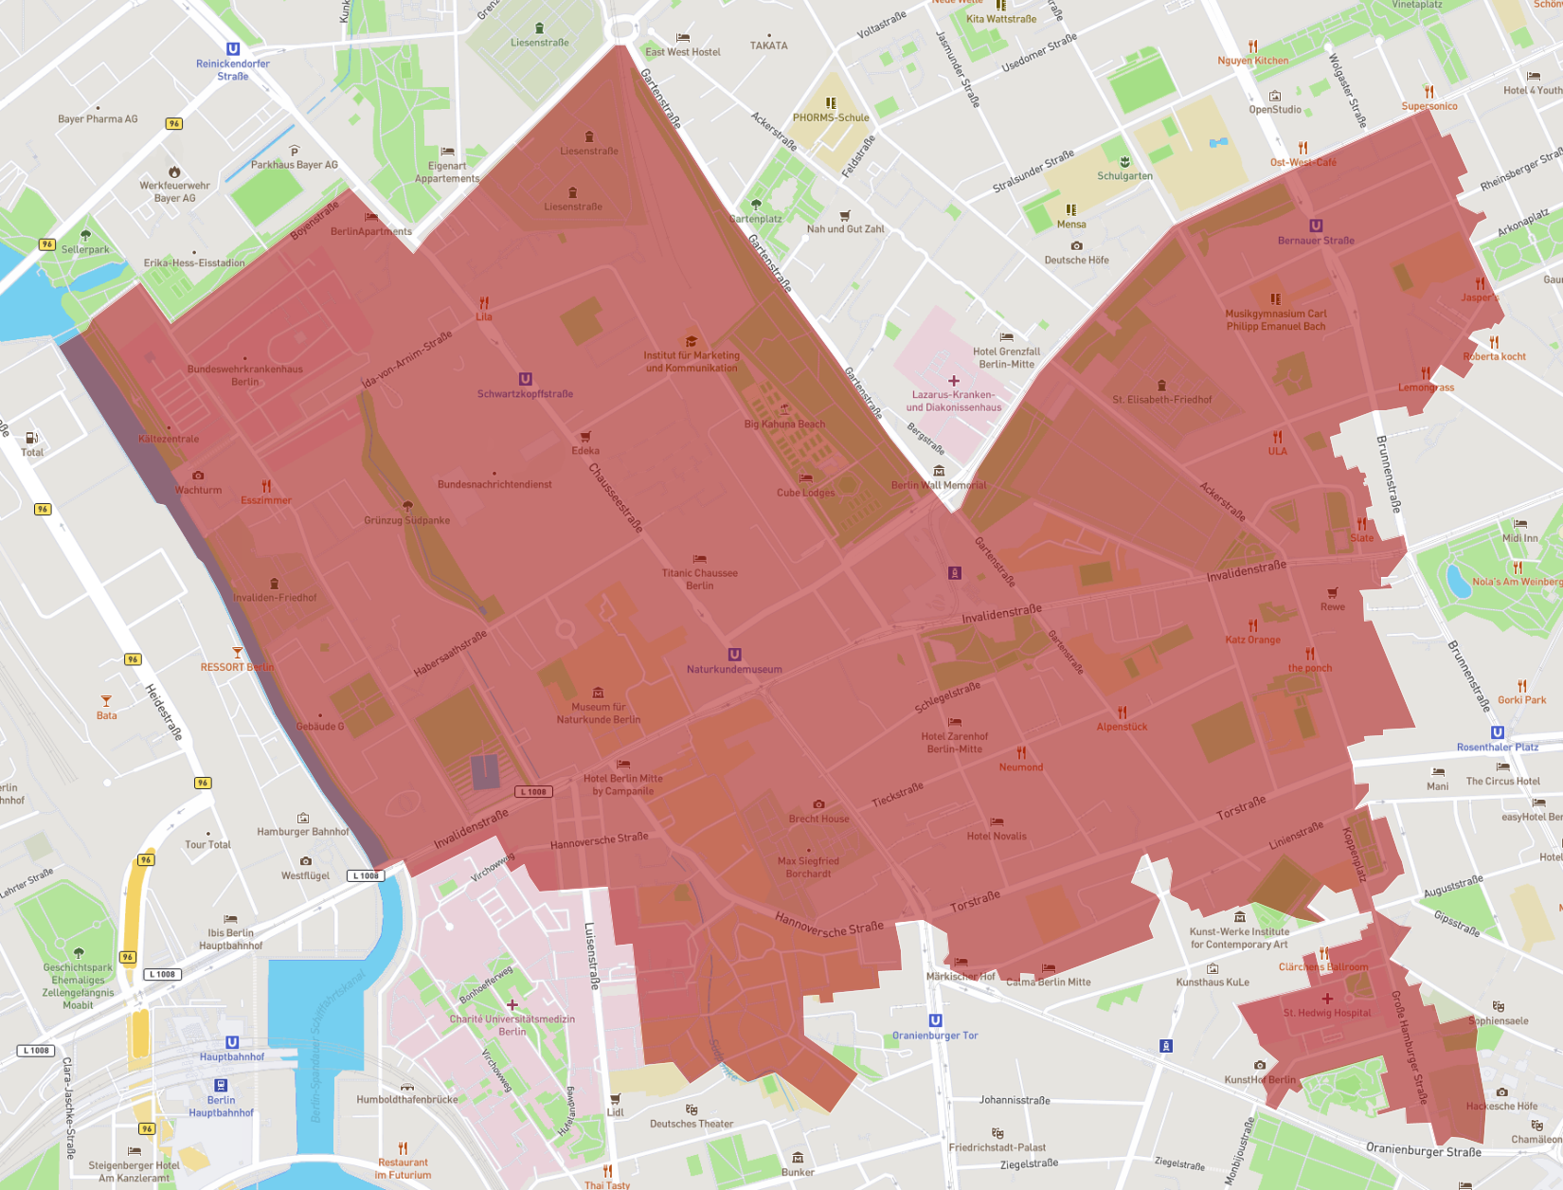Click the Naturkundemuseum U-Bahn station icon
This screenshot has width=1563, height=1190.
point(734,655)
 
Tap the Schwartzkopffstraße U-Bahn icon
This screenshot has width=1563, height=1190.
point(525,379)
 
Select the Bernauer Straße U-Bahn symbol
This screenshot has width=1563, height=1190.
point(1316,225)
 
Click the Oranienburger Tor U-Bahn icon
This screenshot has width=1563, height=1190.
point(935,1020)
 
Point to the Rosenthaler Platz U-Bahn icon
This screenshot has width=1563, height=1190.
point(1498,732)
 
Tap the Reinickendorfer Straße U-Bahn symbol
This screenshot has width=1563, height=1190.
point(233,49)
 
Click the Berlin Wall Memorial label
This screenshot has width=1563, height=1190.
point(938,485)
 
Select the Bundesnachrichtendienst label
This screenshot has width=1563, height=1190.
point(494,484)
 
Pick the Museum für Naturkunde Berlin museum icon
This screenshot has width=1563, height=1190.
point(598,693)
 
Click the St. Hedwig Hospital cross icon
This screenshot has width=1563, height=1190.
point(1327,999)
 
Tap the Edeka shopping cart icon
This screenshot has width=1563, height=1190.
point(585,437)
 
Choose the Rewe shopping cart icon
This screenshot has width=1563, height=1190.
point(1333,593)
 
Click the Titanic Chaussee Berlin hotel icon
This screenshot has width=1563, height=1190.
point(699,559)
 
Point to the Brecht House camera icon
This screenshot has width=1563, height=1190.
point(818,804)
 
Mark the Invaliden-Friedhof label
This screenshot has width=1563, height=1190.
point(275,598)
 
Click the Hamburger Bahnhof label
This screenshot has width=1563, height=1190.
point(303,832)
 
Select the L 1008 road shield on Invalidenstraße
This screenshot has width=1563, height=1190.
point(534,791)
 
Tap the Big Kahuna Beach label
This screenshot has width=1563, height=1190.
point(784,424)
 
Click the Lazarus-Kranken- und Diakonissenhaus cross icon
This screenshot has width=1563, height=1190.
point(954,381)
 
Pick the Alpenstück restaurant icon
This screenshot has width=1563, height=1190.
point(1122,712)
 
